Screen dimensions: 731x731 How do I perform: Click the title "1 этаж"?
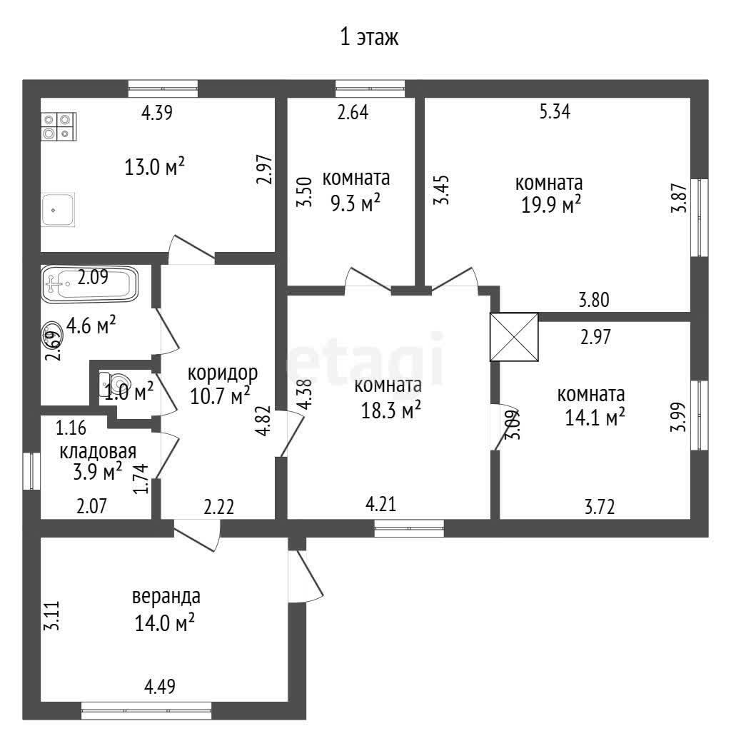click(x=369, y=37)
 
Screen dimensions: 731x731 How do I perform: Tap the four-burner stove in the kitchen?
click(x=59, y=127)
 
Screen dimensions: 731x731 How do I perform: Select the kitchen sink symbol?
click(x=58, y=210)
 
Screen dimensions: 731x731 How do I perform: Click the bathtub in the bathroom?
click(x=89, y=284)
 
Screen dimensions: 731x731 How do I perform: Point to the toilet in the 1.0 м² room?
click(x=111, y=384)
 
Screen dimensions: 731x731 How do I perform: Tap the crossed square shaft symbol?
click(x=514, y=337)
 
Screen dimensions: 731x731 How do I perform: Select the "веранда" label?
click(x=166, y=597)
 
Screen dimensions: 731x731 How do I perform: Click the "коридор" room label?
click(x=223, y=373)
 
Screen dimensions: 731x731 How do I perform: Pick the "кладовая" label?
click(x=98, y=451)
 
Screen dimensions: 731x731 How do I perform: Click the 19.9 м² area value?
click(x=550, y=205)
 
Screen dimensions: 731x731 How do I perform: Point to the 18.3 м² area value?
click(x=391, y=410)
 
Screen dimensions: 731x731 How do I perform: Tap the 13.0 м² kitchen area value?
click(x=154, y=167)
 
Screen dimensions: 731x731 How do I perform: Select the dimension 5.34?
click(x=555, y=112)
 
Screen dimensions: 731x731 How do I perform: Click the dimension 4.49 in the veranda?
click(x=160, y=687)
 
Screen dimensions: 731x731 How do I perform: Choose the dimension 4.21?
click(x=381, y=504)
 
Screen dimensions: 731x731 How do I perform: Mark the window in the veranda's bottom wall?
click(x=146, y=711)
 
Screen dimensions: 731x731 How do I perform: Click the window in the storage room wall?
click(x=31, y=471)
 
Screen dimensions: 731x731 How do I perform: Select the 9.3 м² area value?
click(x=356, y=203)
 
